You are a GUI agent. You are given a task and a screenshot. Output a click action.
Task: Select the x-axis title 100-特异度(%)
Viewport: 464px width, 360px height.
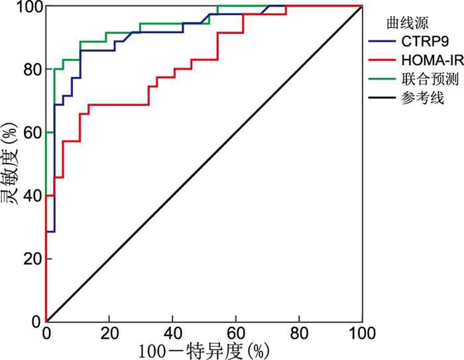[204, 349]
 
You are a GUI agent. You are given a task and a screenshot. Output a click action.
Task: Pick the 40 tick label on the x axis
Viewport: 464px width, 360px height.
[172, 332]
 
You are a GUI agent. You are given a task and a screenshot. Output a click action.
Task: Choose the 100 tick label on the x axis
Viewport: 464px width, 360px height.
[361, 332]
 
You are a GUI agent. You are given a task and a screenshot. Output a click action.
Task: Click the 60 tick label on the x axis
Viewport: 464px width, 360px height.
[235, 332]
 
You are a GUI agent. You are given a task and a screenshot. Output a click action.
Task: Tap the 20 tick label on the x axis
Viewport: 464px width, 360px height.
[109, 332]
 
